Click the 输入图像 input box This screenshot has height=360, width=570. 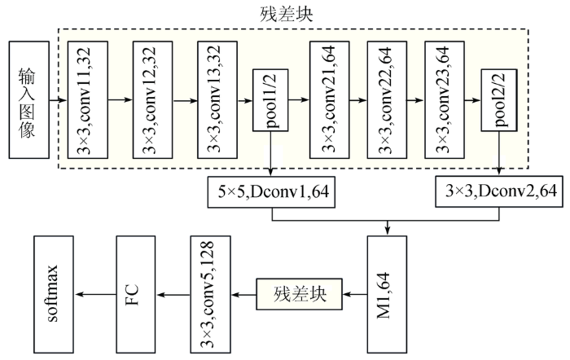[x=29, y=100]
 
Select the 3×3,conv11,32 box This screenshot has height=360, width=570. [x=88, y=100]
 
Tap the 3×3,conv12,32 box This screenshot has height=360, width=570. [x=153, y=100]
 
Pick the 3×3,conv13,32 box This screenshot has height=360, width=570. [x=217, y=100]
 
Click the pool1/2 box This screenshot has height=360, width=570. [x=271, y=100]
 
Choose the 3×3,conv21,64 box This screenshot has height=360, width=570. [x=330, y=100]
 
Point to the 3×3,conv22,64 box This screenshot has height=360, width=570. [x=387, y=100]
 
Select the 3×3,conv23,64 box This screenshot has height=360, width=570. [x=445, y=100]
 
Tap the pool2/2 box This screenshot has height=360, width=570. [x=499, y=100]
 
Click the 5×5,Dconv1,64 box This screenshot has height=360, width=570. [x=271, y=192]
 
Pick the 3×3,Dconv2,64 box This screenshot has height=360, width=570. [x=499, y=191]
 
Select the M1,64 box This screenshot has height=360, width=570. [x=387, y=295]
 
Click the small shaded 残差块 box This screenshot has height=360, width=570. [x=299, y=294]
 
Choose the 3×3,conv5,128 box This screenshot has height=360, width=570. [x=210, y=295]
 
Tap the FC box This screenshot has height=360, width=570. [x=136, y=295]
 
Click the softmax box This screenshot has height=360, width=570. [x=54, y=295]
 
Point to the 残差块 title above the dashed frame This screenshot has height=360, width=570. [x=287, y=15]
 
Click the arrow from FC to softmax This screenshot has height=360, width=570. [x=95, y=295]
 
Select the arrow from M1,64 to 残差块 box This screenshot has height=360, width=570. [x=355, y=294]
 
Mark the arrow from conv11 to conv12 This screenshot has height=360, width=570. [x=121, y=100]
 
